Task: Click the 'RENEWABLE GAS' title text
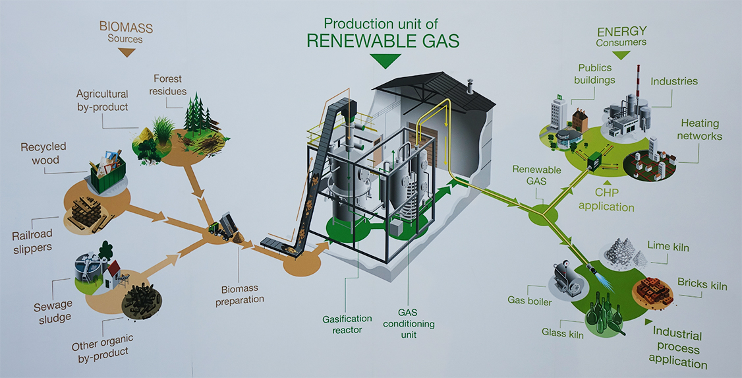pos(383,40)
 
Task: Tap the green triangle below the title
pos(385,61)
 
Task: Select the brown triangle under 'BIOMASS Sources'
pos(125,51)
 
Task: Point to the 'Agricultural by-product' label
pos(102,100)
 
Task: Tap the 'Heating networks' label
pos(700,130)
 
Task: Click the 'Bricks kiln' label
pos(702,285)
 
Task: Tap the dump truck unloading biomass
pos(223,226)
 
